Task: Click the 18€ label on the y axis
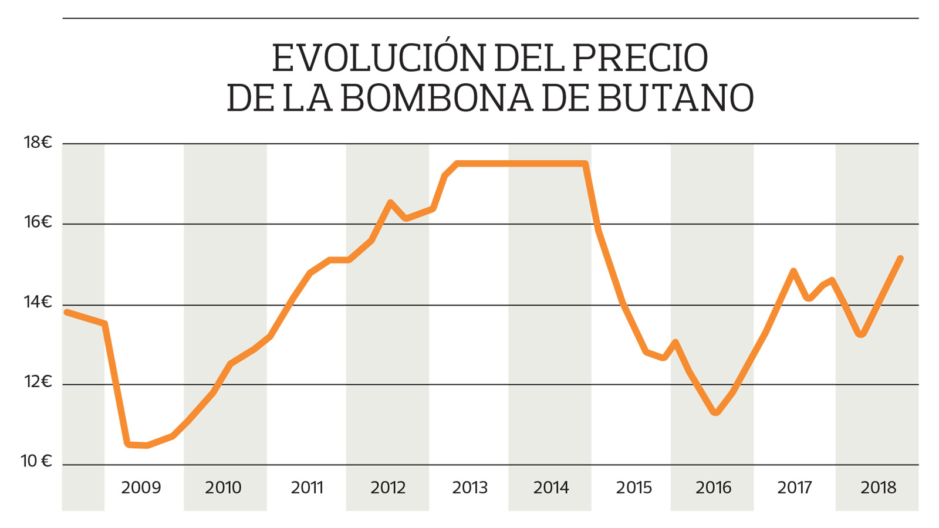tap(38, 143)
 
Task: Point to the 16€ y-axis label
tap(38, 222)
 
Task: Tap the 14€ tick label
tap(38, 302)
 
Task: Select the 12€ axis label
tap(38, 382)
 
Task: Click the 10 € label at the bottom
tap(36, 461)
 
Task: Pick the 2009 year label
tap(141, 488)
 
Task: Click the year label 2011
tap(307, 488)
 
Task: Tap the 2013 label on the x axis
tap(469, 488)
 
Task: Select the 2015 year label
tap(634, 488)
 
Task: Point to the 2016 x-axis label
tap(713, 488)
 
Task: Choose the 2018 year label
tap(878, 488)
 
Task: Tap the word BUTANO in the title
tap(675, 98)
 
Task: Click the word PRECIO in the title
tap(640, 58)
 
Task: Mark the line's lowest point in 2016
tap(715, 413)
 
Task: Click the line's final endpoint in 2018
tap(900, 259)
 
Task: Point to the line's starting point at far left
tap(66, 312)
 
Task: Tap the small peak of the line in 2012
tap(390, 203)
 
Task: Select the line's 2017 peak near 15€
tap(793, 271)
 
